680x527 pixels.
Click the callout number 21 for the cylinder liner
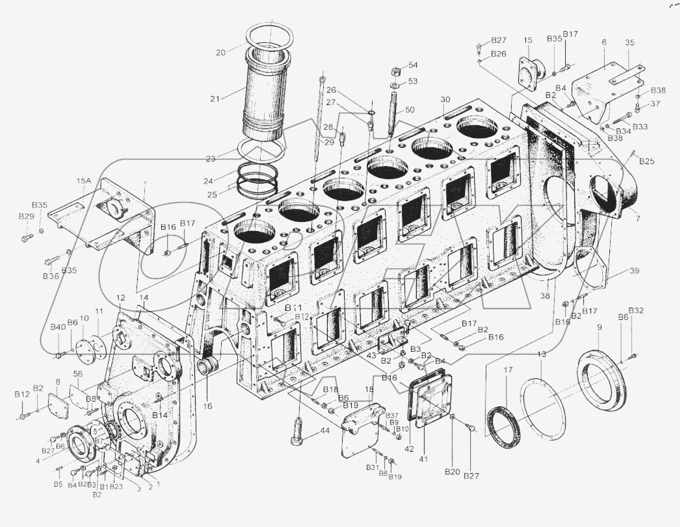coord(215,98)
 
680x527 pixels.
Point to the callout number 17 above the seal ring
coord(508,370)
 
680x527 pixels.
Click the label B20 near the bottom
coord(452,472)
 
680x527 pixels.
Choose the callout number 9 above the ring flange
coord(599,328)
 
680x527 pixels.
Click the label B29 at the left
coord(26,216)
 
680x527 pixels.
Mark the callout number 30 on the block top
coord(446,100)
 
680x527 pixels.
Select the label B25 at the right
coord(646,161)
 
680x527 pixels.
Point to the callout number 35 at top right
coord(630,43)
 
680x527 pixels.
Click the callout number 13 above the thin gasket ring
coord(542,354)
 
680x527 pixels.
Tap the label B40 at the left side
coord(57,327)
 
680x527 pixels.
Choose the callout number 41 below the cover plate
coord(423,459)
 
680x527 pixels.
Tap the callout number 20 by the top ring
coord(220,52)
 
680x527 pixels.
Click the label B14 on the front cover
coord(160,415)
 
